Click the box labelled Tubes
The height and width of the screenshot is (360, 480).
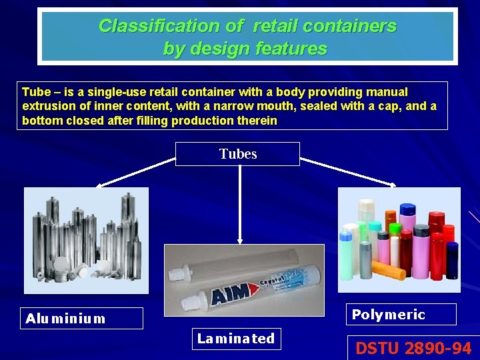[x=237, y=154]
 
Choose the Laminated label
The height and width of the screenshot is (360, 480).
[x=236, y=339]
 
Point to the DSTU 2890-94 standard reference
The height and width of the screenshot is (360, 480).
[x=413, y=348]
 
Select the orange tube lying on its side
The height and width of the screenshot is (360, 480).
[x=389, y=270]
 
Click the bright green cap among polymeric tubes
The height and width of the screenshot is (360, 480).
[x=395, y=228]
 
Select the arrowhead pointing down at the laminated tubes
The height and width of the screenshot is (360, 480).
[x=239, y=241]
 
